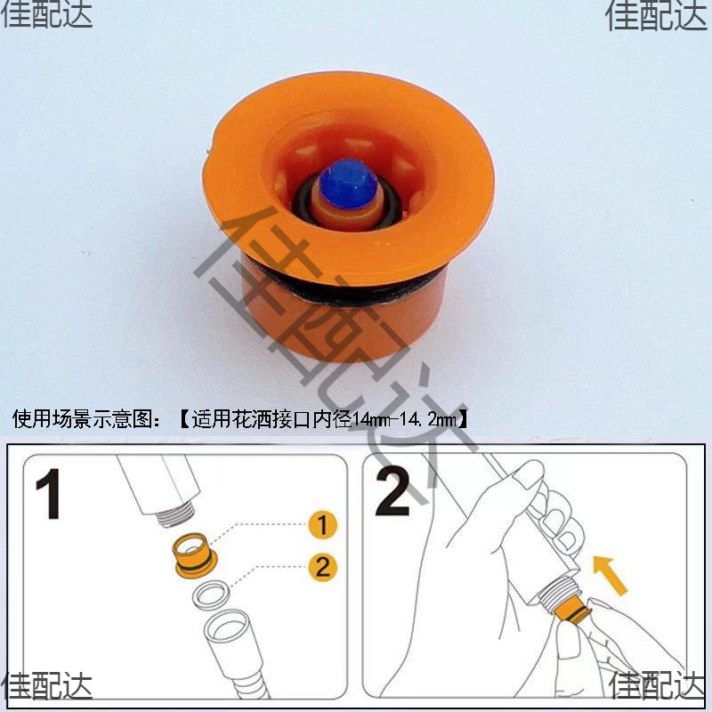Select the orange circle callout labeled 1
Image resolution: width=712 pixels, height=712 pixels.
point(323,525)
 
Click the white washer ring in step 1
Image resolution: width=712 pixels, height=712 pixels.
point(211,593)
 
